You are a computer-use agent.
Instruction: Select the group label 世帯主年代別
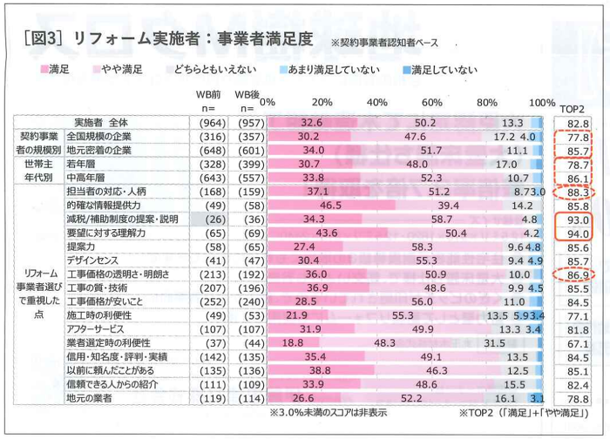pos(39,170)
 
